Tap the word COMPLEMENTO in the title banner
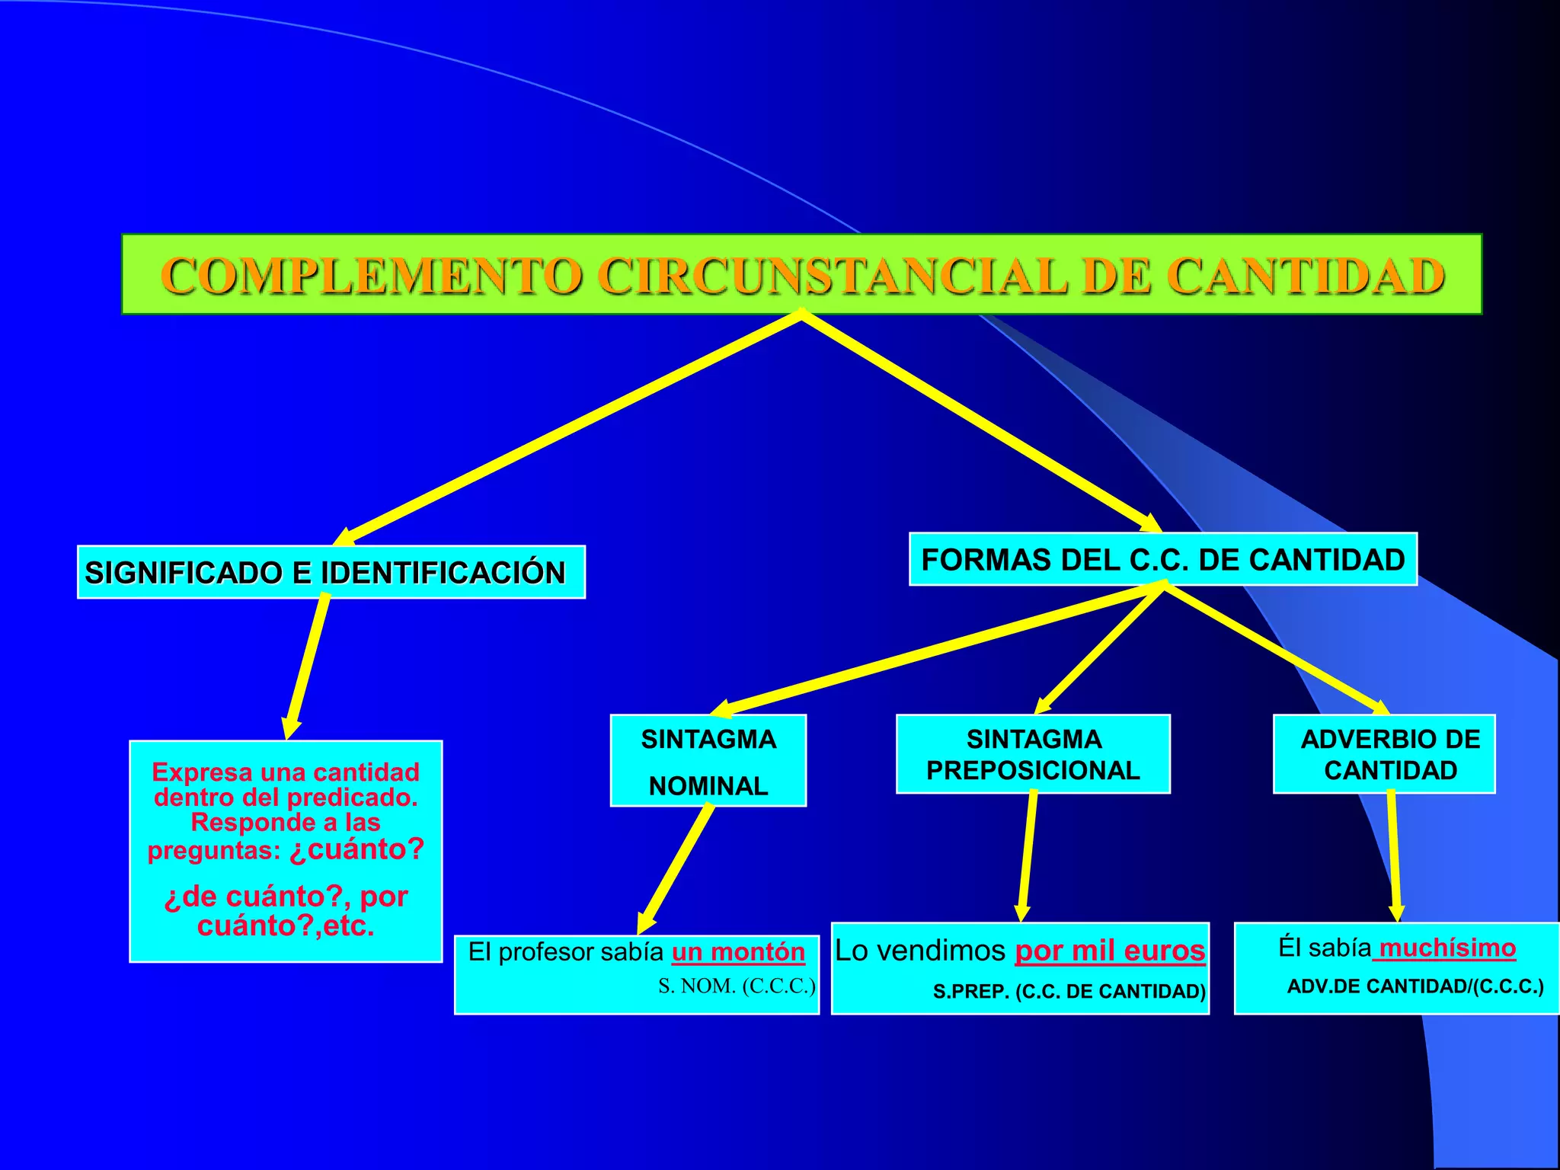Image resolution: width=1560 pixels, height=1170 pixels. [372, 276]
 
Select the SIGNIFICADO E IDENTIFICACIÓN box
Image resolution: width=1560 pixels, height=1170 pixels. [331, 572]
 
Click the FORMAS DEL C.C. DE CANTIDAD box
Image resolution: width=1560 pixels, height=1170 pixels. [1162, 560]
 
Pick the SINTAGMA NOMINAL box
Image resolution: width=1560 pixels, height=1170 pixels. [708, 761]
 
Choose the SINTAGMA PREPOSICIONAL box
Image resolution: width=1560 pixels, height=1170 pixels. [1033, 754]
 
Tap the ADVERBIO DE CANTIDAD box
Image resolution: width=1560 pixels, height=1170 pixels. [1384, 754]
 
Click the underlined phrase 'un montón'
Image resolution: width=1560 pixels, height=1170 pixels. [738, 952]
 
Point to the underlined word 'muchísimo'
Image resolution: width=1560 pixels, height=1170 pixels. [1447, 948]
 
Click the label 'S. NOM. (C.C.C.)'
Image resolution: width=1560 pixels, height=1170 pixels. [737, 986]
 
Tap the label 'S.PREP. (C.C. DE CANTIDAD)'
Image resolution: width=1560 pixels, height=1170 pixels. [1069, 991]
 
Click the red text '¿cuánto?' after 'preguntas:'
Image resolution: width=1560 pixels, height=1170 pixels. [356, 849]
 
